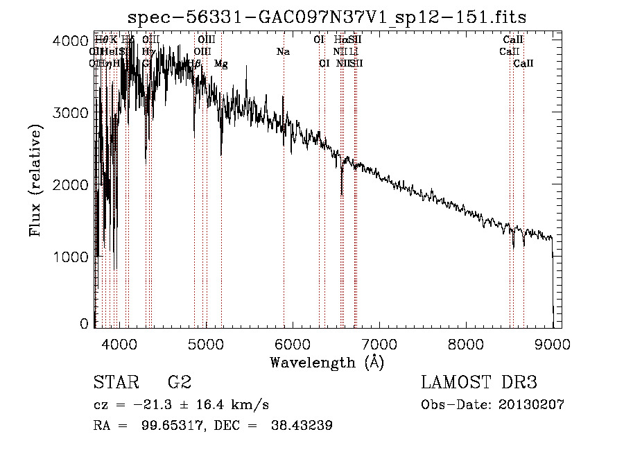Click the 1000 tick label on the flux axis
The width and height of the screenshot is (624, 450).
tap(69, 257)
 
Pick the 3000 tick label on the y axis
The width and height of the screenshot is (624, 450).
tap(69, 112)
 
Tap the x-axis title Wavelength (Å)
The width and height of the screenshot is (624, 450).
tap(327, 362)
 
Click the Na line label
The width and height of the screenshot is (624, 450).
tap(282, 52)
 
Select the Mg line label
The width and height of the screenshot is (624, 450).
tap(221, 64)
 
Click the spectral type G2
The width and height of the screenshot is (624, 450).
tap(179, 383)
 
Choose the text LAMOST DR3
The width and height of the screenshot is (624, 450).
tap(479, 383)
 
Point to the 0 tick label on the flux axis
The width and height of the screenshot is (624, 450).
tap(85, 324)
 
